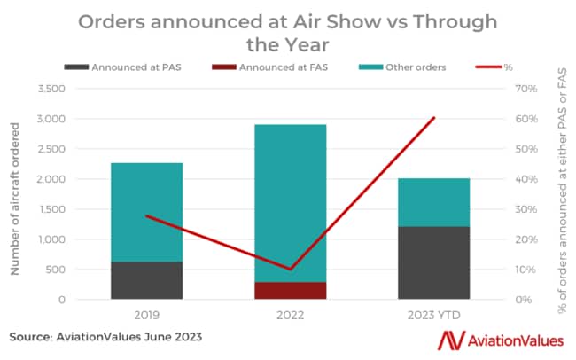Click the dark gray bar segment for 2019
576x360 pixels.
point(146,280)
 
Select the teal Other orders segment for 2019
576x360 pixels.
point(146,212)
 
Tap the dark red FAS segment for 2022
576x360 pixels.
point(291,291)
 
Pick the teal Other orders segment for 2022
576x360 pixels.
point(291,203)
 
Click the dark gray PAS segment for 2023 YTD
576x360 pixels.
point(434,262)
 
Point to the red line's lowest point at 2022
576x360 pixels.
point(291,269)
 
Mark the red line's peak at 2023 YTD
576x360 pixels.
point(434,118)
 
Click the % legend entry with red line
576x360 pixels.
point(496,67)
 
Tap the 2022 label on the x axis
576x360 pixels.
point(291,315)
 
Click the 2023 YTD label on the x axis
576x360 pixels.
point(434,315)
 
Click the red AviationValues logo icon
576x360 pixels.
point(454,340)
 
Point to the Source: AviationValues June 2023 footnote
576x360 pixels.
point(106,337)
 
